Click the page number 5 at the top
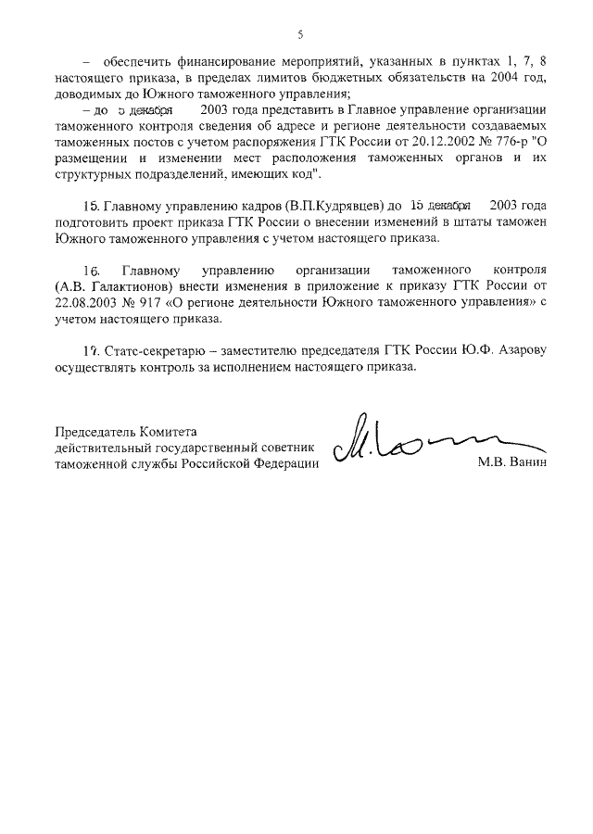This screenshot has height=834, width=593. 300,35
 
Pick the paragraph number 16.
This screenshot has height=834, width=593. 90,271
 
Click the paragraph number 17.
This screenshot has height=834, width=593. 90,352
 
